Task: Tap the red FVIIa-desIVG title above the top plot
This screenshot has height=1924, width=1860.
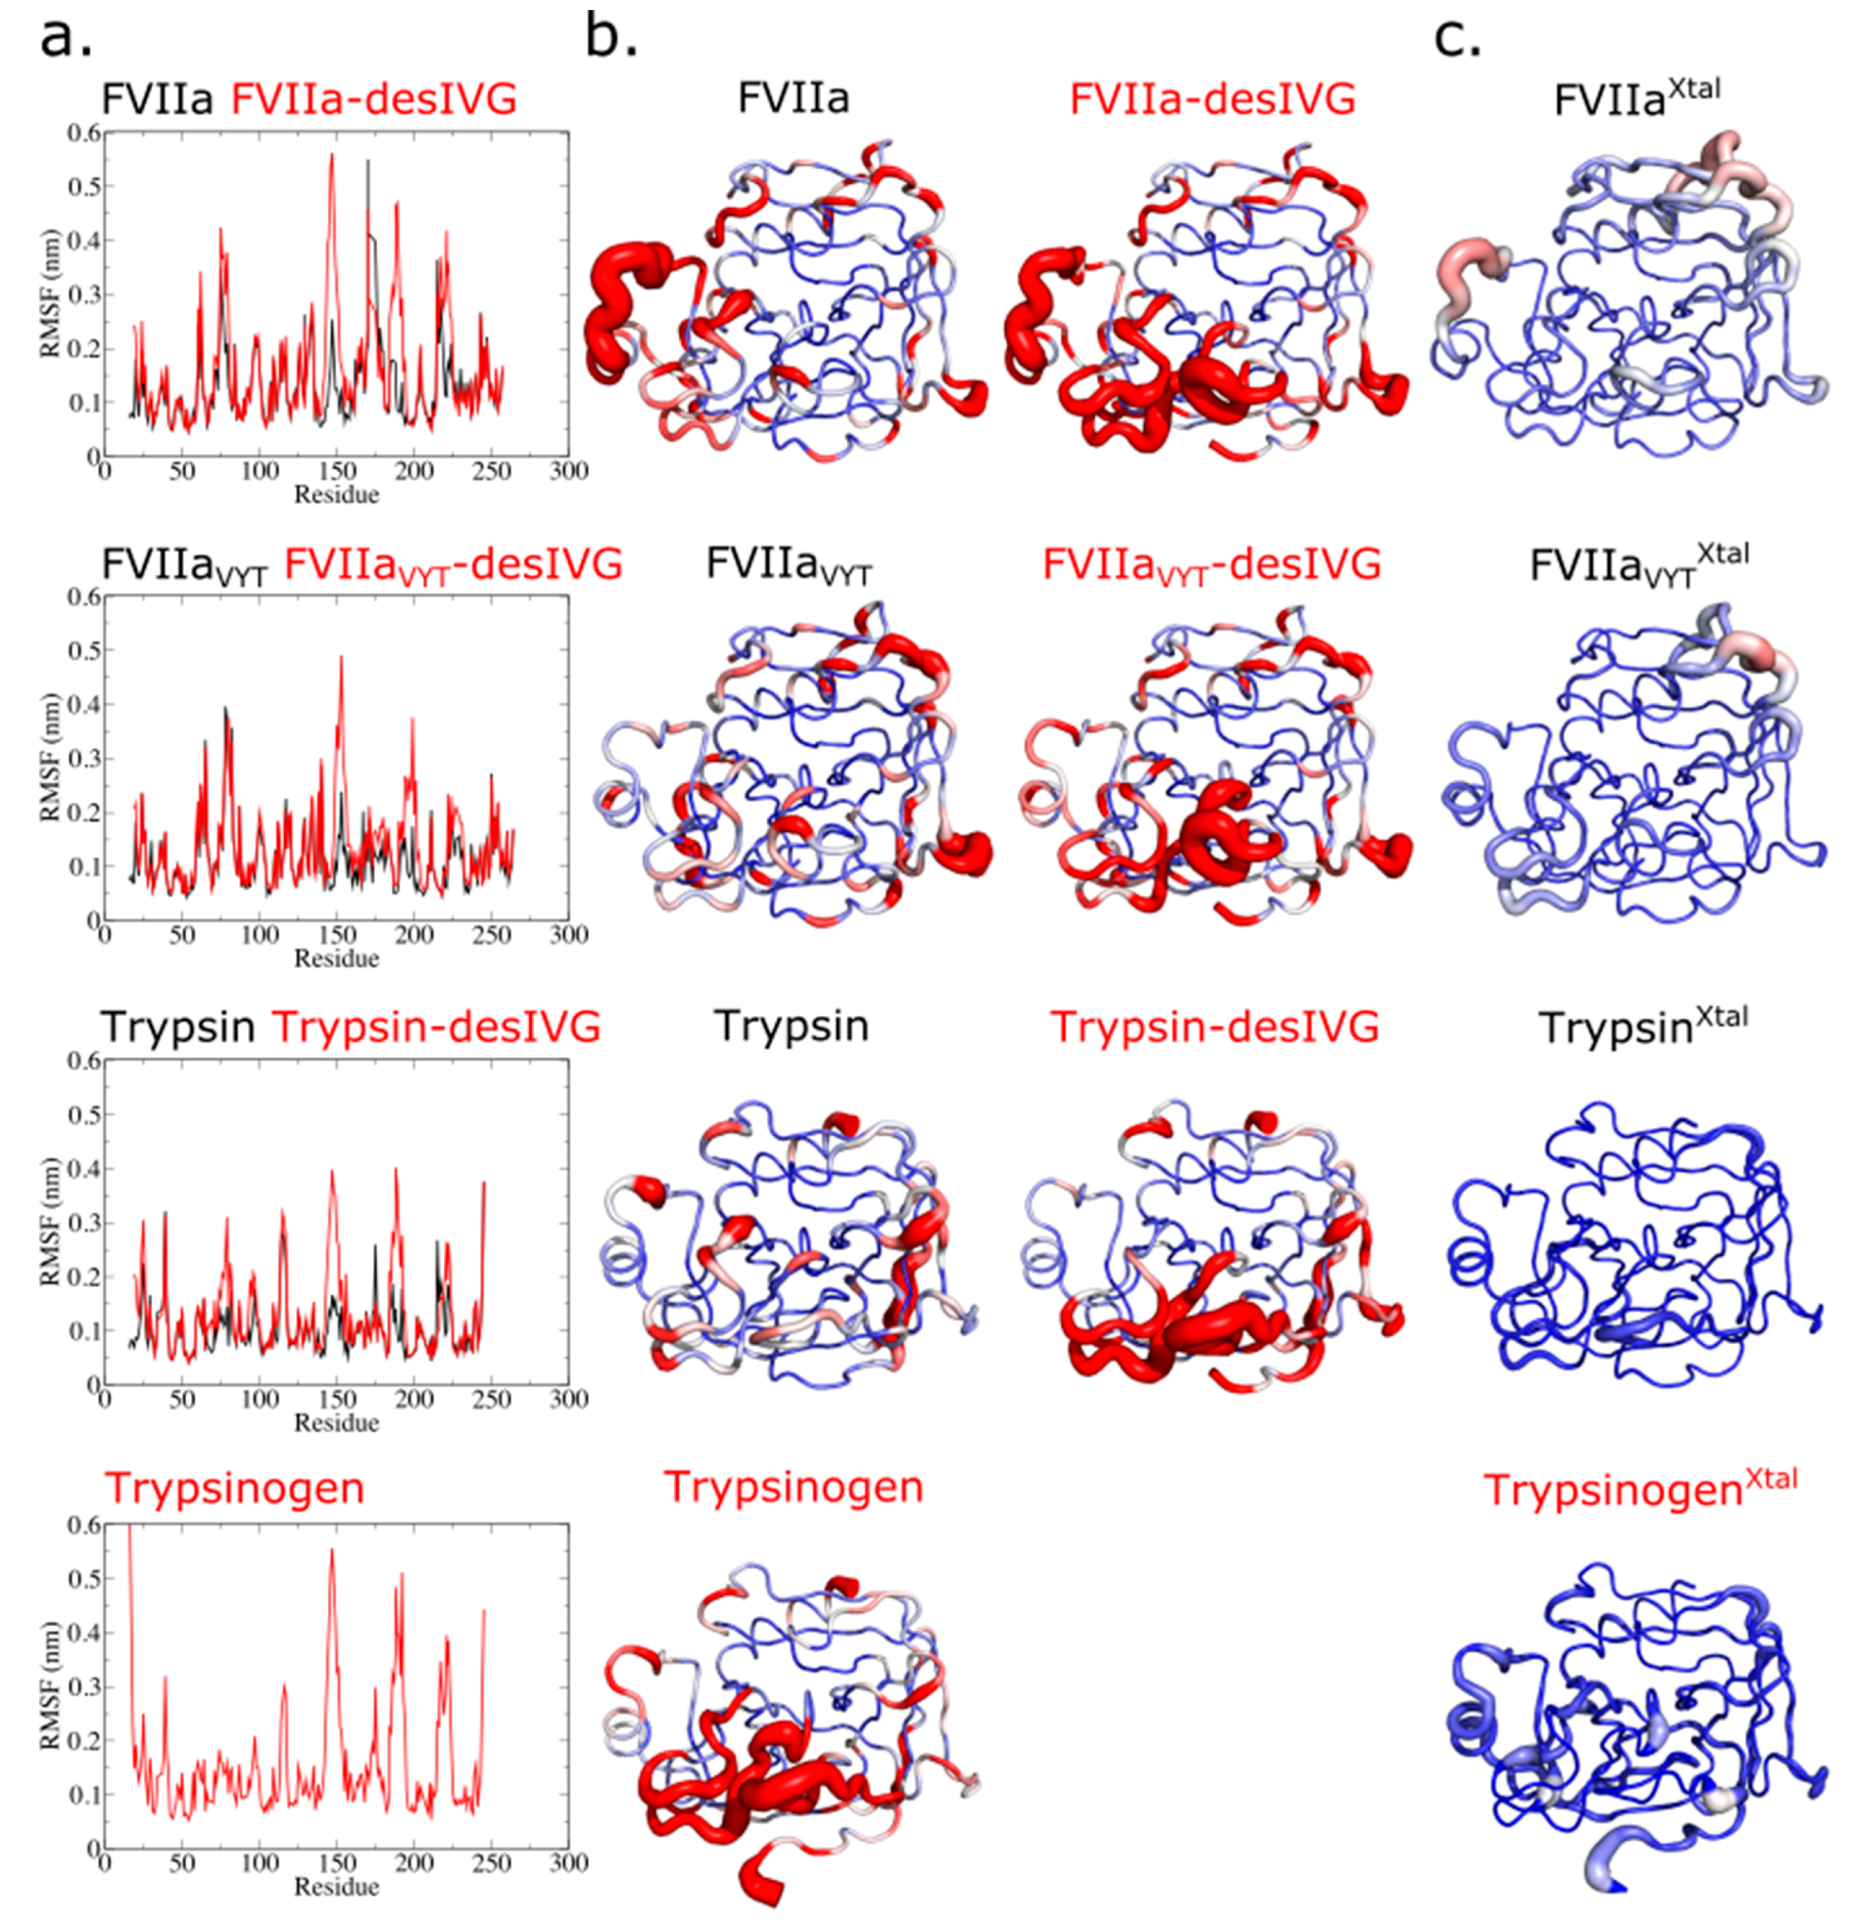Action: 373,99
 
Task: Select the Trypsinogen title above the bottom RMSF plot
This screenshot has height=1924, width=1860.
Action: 234,1488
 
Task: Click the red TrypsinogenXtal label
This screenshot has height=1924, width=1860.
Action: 1639,1489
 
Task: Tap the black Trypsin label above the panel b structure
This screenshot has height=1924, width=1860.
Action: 791,1026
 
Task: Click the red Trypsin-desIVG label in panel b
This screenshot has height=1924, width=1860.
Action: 1214,1026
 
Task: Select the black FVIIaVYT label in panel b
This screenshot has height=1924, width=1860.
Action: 788,566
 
